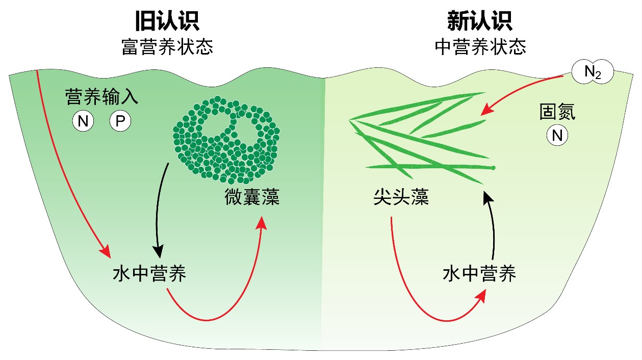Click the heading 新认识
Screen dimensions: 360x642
tap(480, 21)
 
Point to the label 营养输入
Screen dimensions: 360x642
tap(102, 96)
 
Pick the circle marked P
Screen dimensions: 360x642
tap(120, 121)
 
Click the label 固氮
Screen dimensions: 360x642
tap(557, 113)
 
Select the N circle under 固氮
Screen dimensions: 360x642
tap(557, 136)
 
